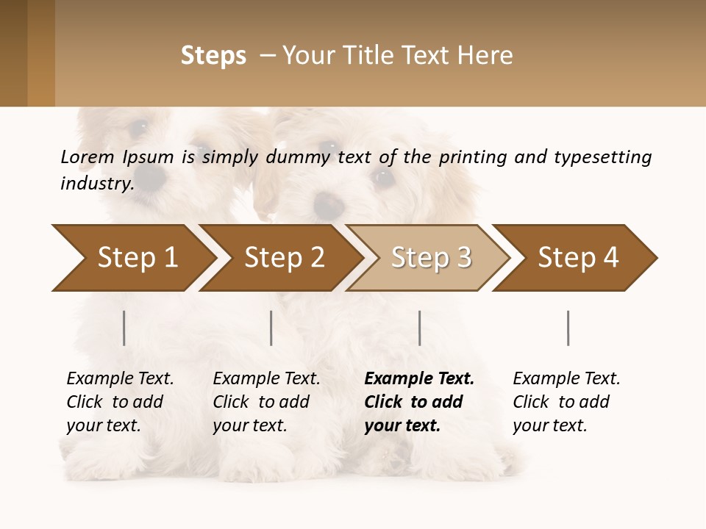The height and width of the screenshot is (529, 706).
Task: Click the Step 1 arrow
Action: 136,258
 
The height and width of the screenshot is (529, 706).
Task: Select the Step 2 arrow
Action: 283,258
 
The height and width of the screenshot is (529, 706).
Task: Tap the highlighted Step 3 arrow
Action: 430,258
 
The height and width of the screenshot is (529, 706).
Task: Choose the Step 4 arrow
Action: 577,258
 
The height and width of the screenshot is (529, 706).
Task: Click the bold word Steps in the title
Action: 213,56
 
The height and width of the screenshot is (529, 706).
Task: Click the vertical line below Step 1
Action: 124,328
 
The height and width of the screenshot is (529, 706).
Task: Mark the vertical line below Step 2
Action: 271,328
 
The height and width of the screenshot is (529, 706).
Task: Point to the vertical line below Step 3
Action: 419,328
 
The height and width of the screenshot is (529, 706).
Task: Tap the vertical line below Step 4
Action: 568,328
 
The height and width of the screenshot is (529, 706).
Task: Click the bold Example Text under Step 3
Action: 419,378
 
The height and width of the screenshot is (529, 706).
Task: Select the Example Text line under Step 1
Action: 120,378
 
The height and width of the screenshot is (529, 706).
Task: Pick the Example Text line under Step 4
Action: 566,378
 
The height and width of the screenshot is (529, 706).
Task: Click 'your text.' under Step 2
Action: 249,425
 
